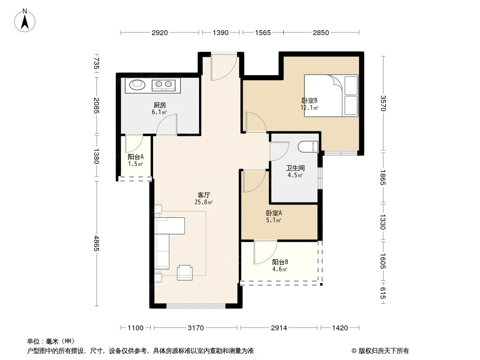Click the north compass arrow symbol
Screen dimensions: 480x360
tap(25, 20)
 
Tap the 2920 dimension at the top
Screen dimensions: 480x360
tap(160, 32)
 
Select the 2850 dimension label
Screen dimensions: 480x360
tap(321, 32)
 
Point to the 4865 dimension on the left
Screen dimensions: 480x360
tap(96, 243)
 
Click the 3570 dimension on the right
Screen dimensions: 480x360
tap(383, 103)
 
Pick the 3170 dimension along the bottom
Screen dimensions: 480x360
tap(195, 328)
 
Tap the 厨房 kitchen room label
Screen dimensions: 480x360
tap(160, 105)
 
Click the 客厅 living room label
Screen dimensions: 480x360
tap(204, 195)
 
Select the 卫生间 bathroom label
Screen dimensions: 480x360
tap(295, 168)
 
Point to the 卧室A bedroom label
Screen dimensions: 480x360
tap(274, 213)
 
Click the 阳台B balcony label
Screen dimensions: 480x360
tap(280, 262)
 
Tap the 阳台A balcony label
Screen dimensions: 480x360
tap(136, 157)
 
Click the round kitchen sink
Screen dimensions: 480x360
tap(137, 84)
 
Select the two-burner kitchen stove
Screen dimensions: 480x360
tap(163, 85)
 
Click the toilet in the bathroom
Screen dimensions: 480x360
tap(308, 147)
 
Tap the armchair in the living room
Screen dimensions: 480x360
tap(185, 273)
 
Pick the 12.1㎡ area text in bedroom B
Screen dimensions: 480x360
tap(309, 108)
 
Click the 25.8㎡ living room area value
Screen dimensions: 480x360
tap(204, 202)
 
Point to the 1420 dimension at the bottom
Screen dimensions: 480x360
tap(340, 328)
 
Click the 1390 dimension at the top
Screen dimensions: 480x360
tap(221, 32)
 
